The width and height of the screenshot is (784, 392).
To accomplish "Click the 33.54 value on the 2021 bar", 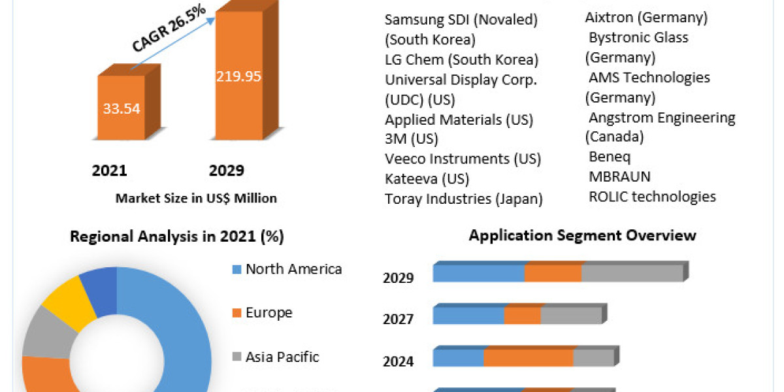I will [x=121, y=108].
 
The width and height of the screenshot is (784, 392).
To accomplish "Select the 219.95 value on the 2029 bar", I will [x=238, y=76].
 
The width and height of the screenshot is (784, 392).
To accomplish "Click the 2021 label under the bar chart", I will [x=110, y=171].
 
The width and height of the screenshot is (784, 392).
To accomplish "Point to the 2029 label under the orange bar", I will [x=226, y=171].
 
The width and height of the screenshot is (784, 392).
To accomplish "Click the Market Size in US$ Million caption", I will [x=196, y=198].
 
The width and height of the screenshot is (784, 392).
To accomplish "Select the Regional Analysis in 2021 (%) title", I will [x=177, y=237].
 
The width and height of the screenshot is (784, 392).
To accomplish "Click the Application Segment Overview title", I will [x=582, y=235].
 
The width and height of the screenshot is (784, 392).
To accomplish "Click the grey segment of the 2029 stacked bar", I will [x=632, y=273].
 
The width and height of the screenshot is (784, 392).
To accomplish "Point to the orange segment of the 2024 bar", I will [x=528, y=358].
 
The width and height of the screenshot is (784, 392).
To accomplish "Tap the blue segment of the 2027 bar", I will [x=468, y=316].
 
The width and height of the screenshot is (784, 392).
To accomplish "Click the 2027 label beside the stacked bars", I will [x=398, y=319].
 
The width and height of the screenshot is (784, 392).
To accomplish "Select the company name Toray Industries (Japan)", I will [x=464, y=199].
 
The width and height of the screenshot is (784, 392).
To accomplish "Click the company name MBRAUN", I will [x=619, y=176].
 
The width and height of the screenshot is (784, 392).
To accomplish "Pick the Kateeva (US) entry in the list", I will [x=427, y=178].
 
